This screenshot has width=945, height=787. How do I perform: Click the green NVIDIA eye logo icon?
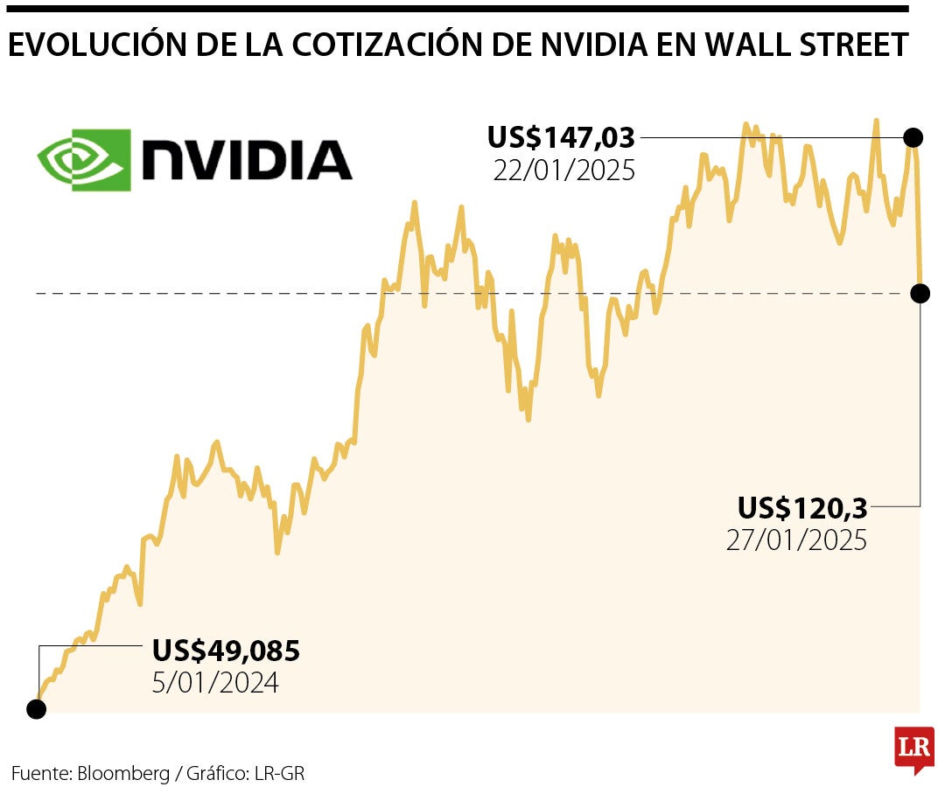click(x=84, y=160)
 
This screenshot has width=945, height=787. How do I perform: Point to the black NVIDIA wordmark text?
click(x=248, y=160)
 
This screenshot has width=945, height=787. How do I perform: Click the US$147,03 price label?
click(x=561, y=137)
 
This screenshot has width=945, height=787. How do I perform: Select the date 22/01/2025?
click(x=563, y=170)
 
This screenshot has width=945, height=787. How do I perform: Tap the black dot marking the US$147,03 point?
click(x=913, y=137)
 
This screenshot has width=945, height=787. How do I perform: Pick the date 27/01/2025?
click(x=796, y=540)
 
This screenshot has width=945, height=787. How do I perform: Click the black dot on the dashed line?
click(x=920, y=293)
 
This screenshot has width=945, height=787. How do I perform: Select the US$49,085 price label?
click(x=226, y=650)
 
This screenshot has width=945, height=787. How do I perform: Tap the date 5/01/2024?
click(x=215, y=682)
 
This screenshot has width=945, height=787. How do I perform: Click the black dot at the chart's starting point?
click(x=37, y=708)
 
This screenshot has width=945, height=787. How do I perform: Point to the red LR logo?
click(x=913, y=748)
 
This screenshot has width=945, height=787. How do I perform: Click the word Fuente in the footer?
click(x=38, y=773)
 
